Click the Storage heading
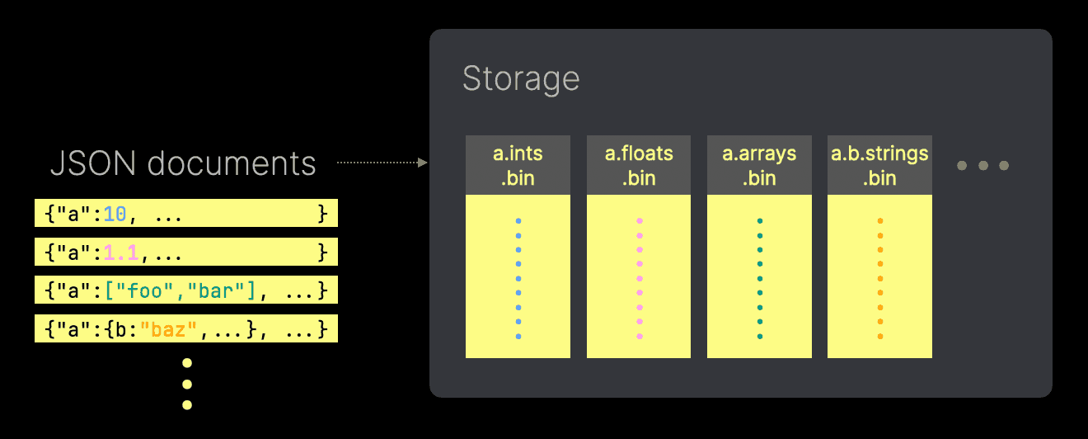tap(521, 79)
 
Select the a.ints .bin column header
tap(518, 165)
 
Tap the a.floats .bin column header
tap(639, 165)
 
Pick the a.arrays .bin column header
tap(759, 165)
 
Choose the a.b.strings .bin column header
tap(879, 165)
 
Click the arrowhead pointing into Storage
tap(423, 163)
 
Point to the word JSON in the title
tap(93, 163)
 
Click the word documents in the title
tap(232, 163)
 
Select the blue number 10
tap(115, 215)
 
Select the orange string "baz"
tap(170, 329)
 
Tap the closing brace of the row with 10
tap(323, 215)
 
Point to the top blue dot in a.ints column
tap(518, 221)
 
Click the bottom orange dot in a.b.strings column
tap(880, 336)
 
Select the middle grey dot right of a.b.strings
tap(982, 166)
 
